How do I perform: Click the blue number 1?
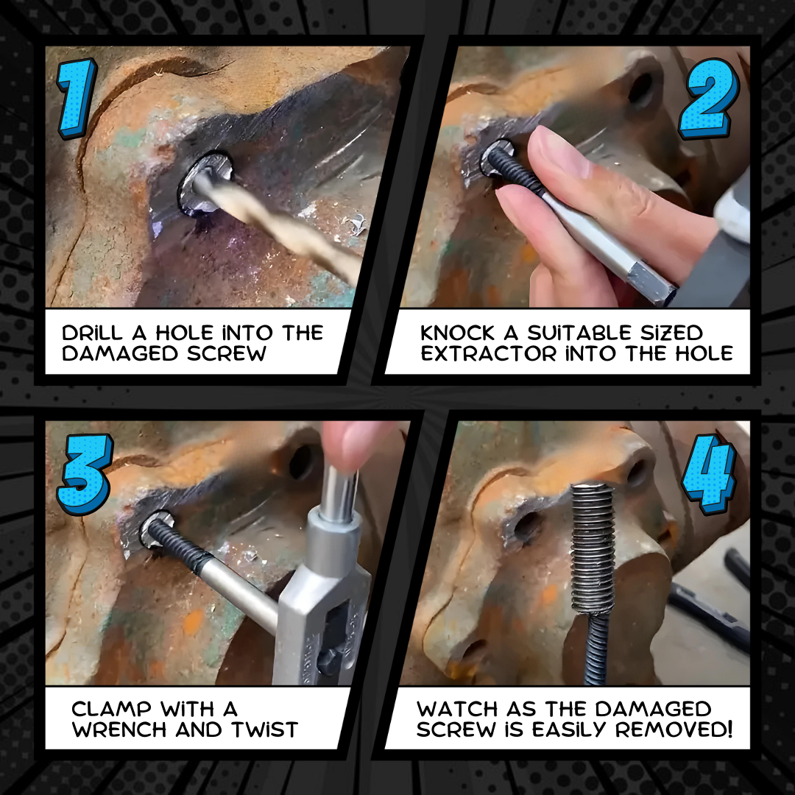(x=77, y=98)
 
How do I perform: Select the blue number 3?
(x=83, y=475)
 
